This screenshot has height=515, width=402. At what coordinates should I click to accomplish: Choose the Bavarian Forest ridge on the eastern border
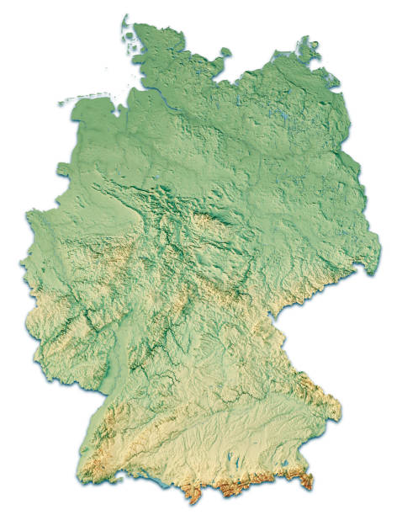pos(315,387)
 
